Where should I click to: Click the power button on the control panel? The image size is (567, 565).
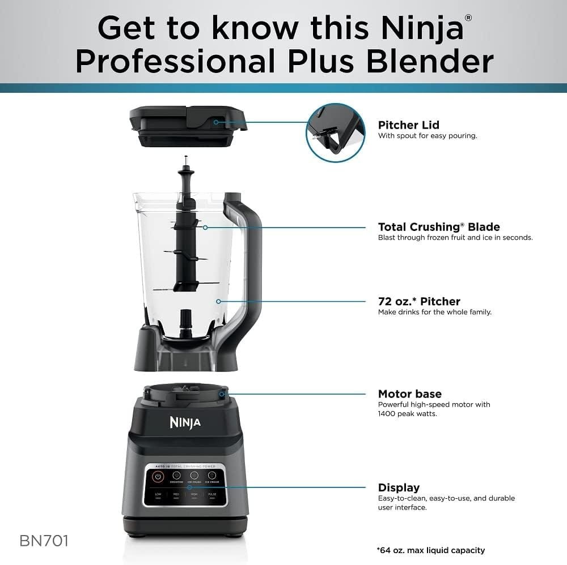[158, 477]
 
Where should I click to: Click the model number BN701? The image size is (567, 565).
[44, 541]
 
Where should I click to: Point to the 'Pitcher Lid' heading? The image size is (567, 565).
[408, 125]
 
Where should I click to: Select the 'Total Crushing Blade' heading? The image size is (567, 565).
[439, 227]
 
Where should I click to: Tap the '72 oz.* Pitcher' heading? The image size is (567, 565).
[419, 301]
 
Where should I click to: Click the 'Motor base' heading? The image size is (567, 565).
[409, 394]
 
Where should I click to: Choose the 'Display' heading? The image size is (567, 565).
[399, 487]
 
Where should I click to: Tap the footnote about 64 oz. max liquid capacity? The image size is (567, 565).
[430, 550]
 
